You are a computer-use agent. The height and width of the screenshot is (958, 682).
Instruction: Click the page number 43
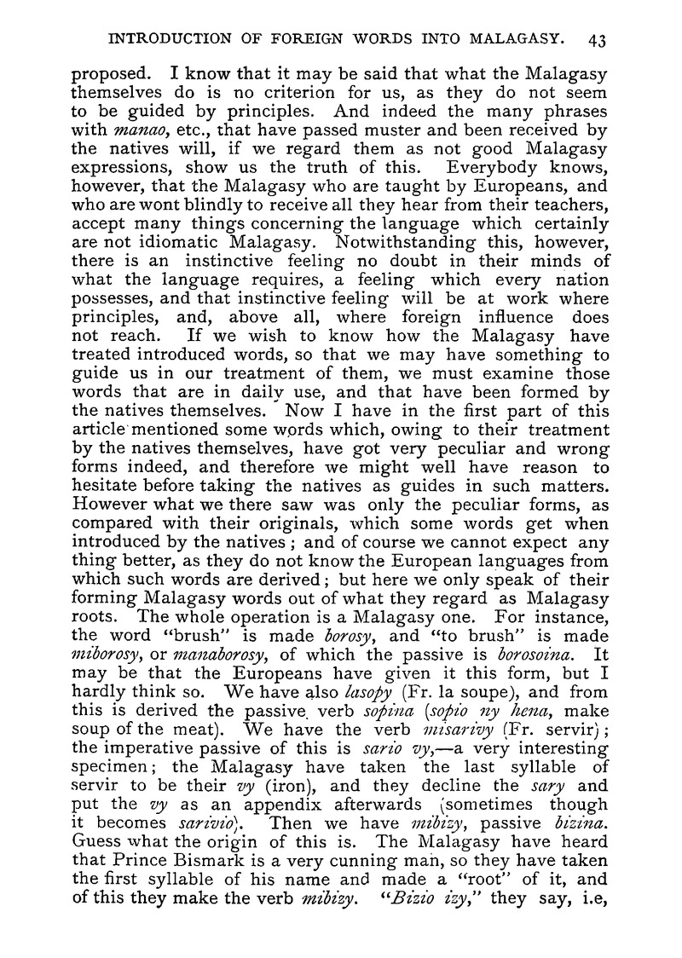[596, 38]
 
